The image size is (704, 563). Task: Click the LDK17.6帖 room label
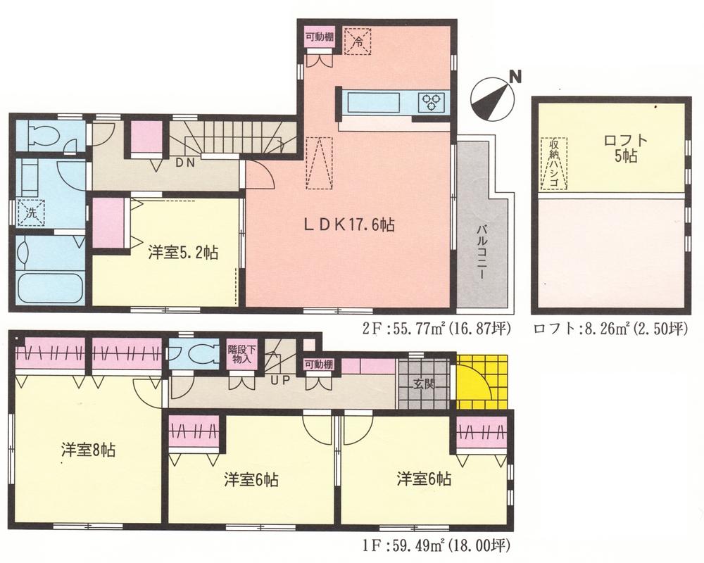(348, 225)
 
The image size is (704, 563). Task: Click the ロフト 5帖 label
(620, 148)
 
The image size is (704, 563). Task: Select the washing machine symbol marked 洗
(30, 210)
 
